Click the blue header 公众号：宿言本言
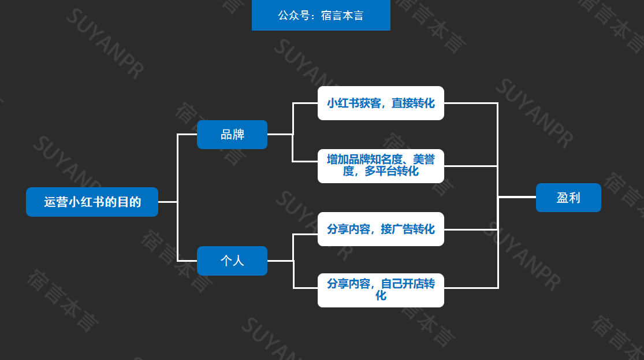(321, 15)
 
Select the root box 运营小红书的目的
(92, 202)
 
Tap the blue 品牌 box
(232, 135)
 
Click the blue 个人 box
(232, 261)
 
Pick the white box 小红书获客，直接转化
(381, 103)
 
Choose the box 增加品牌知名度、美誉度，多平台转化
(381, 166)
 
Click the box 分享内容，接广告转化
(381, 229)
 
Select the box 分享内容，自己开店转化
(381, 290)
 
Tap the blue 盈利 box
(568, 198)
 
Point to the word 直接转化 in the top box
(413, 103)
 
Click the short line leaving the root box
(167, 202)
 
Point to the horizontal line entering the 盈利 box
(517, 197)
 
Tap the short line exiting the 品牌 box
(280, 134)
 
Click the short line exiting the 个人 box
(280, 261)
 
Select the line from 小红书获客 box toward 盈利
(471, 103)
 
